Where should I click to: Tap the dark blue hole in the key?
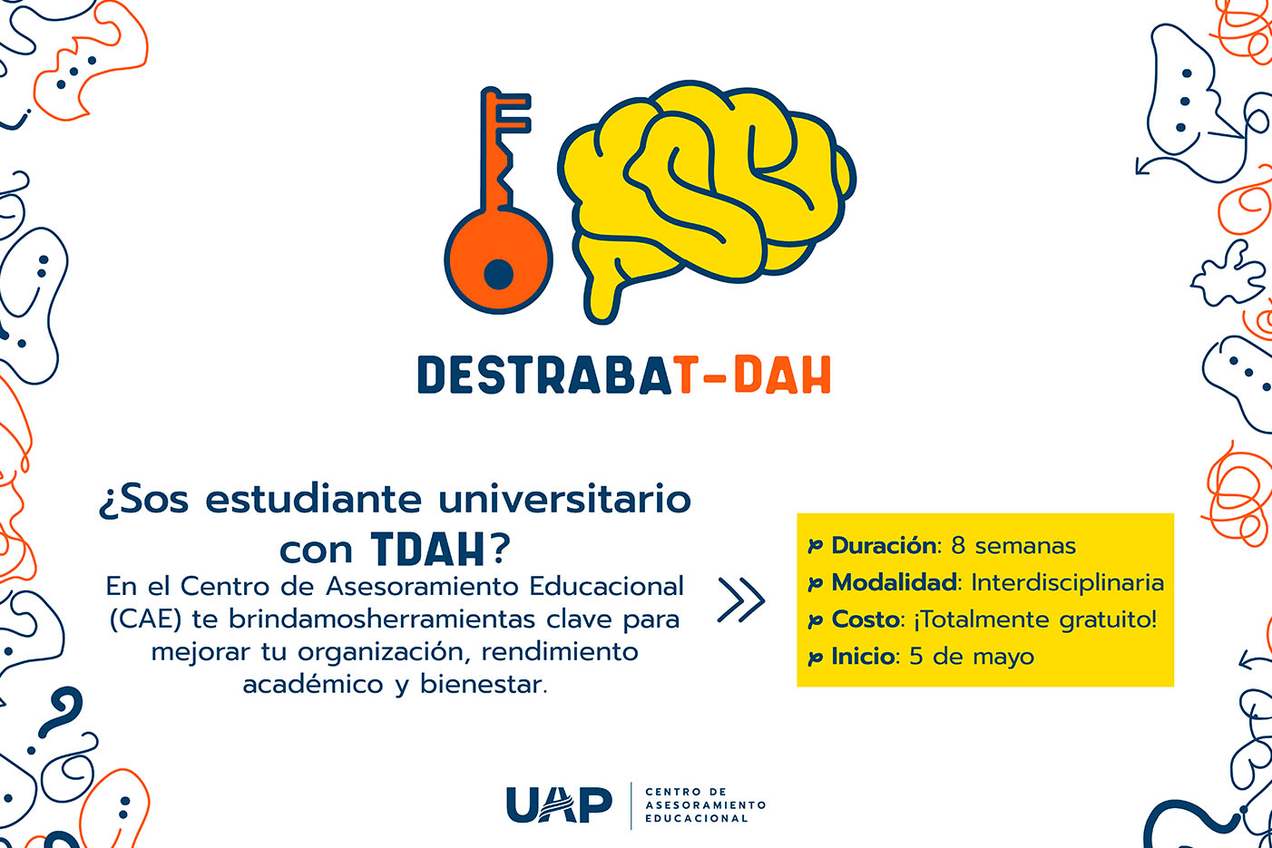[x=499, y=274]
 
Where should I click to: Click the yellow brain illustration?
[x=706, y=199]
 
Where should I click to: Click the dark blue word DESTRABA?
[x=545, y=375]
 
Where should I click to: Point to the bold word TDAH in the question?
[x=428, y=550]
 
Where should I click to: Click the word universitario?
[x=565, y=500]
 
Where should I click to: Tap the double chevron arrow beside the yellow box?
[x=741, y=600]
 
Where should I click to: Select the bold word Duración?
[x=884, y=545]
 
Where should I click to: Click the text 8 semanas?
[x=1013, y=545]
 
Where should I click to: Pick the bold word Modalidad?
[x=894, y=582]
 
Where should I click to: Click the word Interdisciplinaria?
[x=1068, y=583]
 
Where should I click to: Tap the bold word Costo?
[x=865, y=619]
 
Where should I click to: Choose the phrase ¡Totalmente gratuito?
[x=1034, y=619]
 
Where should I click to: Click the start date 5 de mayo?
[x=972, y=657]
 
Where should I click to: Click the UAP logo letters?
[x=559, y=804]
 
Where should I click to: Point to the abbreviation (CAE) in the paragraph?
[x=145, y=619]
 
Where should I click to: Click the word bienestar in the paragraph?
[x=484, y=684]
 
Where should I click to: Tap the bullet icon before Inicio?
[x=816, y=658]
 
